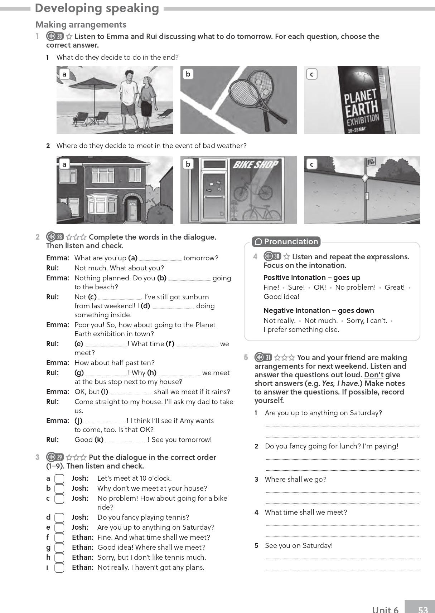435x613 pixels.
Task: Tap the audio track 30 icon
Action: point(272,256)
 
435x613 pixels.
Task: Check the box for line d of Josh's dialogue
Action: point(59,518)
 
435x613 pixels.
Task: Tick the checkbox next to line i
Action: point(59,568)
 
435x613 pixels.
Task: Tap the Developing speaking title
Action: point(97,8)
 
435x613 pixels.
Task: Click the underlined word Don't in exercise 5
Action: point(373,375)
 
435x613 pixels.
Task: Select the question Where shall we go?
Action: point(295,479)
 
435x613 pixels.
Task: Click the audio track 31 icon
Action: point(264,357)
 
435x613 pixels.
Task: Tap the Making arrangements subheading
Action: point(81,24)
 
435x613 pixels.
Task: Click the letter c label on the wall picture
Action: point(312,164)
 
